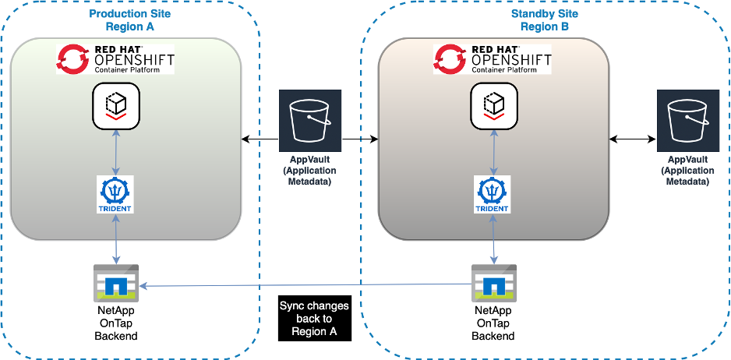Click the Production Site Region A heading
pos(130,19)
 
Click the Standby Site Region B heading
pos(545,19)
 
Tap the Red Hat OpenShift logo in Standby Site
pos(492,59)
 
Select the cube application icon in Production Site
pos(115,106)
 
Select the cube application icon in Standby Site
pos(493,106)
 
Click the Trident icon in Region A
pos(116,195)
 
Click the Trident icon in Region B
pos(493,195)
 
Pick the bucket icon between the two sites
pos(310,120)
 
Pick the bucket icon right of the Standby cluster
pos(687,120)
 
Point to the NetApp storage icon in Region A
pos(115,284)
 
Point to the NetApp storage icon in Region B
pos(493,284)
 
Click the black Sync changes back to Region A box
pos(313,318)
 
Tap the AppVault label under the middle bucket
pos(310,171)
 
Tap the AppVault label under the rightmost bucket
pos(687,171)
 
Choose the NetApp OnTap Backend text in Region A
pos(115,323)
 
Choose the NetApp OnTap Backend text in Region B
pos(493,323)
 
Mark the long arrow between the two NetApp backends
pos(304,285)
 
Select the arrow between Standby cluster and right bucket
pos(632,139)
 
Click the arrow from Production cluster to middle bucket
pos(260,140)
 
